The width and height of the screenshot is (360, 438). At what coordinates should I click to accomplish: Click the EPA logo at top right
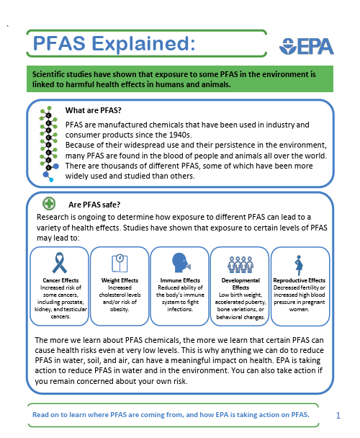[306, 46]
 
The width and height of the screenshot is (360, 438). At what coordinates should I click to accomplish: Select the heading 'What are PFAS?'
[93, 110]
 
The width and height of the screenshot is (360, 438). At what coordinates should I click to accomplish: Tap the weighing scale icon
[119, 262]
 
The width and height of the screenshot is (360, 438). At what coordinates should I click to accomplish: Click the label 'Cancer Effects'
[60, 280]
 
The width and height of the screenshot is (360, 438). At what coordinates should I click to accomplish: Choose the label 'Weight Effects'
[120, 280]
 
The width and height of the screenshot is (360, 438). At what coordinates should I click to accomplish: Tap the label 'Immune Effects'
[179, 280]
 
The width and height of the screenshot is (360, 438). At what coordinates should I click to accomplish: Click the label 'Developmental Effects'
[239, 284]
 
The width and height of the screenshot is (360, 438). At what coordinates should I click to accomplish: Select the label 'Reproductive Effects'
[300, 280]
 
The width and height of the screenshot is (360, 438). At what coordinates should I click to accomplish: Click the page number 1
[338, 416]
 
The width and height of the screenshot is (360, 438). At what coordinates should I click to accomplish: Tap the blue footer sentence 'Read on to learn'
[171, 415]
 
